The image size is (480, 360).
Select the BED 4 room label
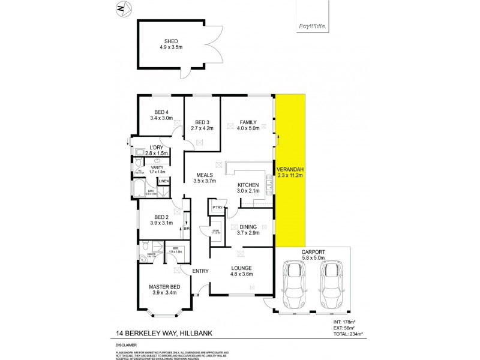point(161,112)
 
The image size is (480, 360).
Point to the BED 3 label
point(201,122)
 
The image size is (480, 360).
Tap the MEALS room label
point(204,175)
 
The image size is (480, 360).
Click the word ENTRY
point(200,271)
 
